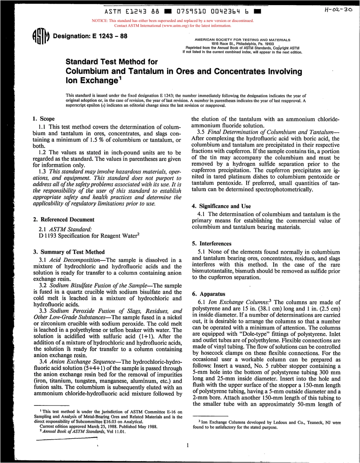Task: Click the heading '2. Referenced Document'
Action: [x=64, y=220]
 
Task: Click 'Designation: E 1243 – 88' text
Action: [x=91, y=36]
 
